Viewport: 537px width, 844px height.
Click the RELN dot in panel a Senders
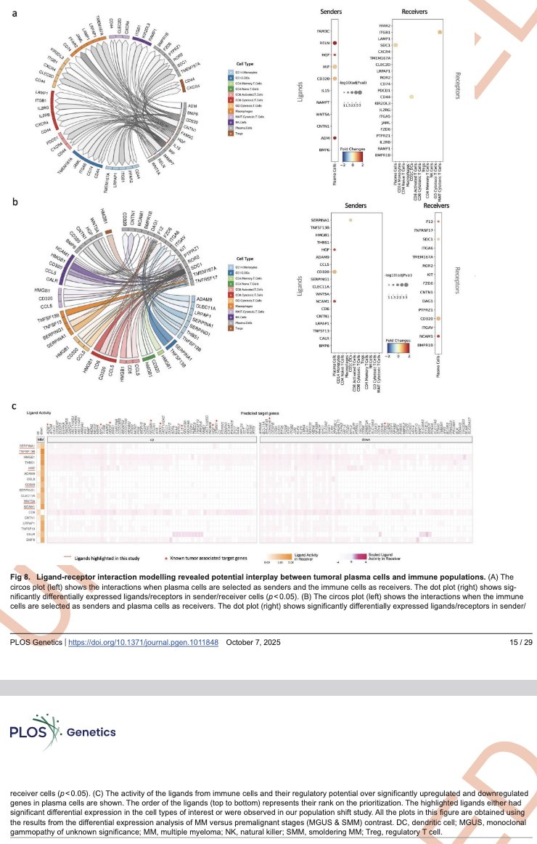tap(335, 44)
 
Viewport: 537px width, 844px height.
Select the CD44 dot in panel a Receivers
tap(411, 96)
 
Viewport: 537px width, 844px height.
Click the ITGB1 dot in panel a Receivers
tap(440, 33)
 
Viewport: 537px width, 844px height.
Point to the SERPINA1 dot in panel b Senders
tap(351, 219)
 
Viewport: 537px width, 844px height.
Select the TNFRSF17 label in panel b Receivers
tap(419, 230)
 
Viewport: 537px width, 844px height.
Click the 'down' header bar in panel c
tap(366, 440)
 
